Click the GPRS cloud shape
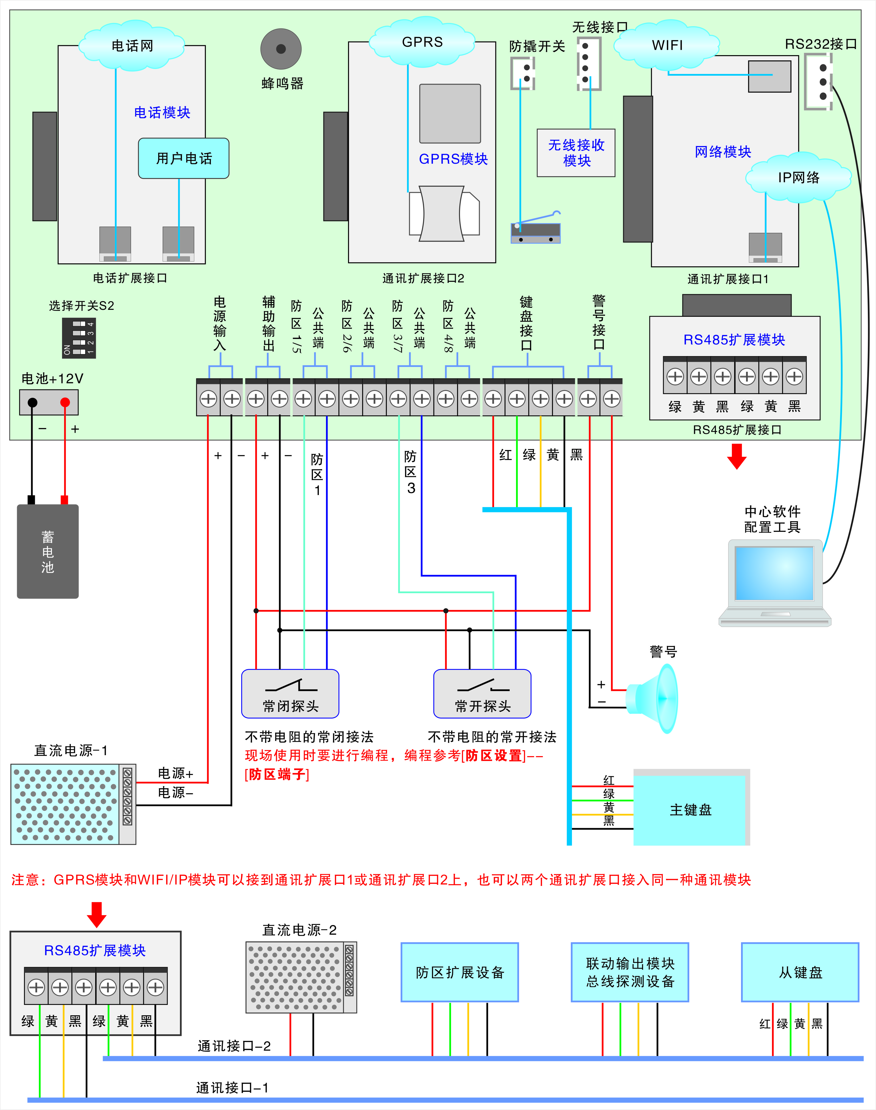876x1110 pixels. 422,42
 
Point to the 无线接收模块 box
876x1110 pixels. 576,153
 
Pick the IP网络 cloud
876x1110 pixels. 798,178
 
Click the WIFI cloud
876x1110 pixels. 667,45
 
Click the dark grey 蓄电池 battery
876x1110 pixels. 48,551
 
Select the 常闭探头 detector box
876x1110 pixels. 290,694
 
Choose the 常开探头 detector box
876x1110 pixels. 482,694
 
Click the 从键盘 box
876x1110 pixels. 800,972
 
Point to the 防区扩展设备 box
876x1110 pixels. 460,972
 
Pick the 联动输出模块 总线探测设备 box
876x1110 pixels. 630,972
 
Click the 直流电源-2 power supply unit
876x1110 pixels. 301,977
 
